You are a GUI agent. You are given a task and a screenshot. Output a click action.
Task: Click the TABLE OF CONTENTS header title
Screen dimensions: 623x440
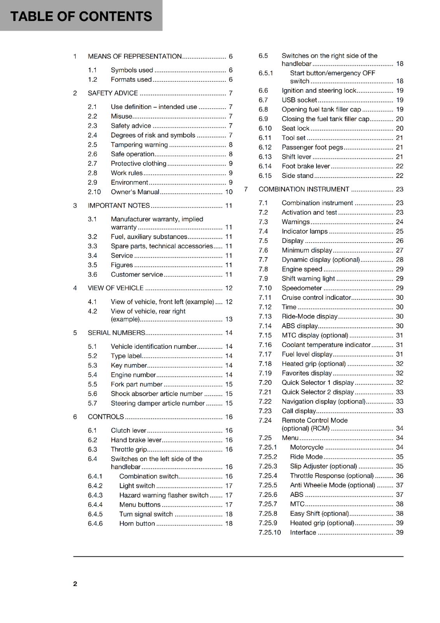point(81,16)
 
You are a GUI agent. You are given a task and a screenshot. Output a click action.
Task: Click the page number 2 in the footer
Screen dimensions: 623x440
point(75,584)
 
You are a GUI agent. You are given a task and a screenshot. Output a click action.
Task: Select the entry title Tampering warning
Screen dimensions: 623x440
point(139,145)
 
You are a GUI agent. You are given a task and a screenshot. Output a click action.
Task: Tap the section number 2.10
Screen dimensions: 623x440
point(94,192)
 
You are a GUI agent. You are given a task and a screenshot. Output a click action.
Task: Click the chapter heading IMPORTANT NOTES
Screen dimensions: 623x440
point(119,206)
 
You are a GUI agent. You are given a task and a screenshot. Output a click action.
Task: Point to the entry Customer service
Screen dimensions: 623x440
point(137,275)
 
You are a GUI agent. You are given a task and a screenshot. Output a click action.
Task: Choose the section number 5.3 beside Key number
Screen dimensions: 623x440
point(92,365)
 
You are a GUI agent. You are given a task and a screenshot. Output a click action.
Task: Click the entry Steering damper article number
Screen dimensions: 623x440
point(157,403)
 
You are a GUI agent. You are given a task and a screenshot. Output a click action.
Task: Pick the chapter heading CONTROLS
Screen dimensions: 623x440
point(106,417)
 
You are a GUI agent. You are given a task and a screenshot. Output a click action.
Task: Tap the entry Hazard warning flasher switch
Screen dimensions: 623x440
point(164,495)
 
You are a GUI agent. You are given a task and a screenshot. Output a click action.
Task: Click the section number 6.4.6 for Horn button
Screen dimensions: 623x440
point(95,524)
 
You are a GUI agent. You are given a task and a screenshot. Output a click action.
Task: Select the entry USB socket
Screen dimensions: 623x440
point(299,100)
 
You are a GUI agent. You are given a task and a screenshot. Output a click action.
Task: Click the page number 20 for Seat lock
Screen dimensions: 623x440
point(400,128)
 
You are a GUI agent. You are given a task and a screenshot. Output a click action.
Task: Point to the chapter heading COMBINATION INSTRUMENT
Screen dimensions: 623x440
point(304,189)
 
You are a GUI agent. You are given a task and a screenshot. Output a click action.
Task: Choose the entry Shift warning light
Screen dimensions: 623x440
point(308,279)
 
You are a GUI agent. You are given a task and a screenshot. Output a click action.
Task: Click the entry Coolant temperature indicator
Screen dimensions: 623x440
point(326,345)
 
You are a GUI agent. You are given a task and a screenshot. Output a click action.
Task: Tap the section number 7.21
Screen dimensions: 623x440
point(265,392)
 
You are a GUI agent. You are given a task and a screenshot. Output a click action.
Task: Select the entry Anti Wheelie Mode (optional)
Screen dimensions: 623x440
point(332,485)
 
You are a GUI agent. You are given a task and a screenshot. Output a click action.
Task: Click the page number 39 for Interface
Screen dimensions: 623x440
point(400,533)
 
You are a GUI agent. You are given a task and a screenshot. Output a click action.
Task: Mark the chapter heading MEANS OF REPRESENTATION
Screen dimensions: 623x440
point(135,56)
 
